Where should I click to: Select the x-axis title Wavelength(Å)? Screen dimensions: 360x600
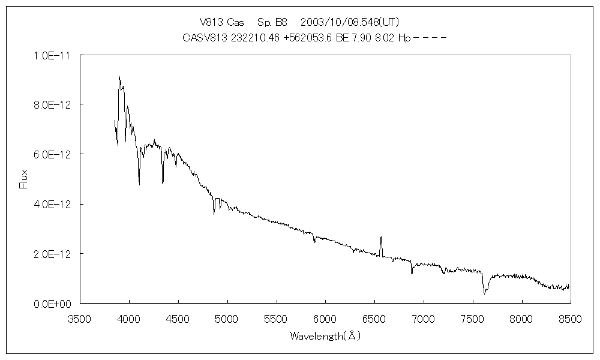tap(325, 336)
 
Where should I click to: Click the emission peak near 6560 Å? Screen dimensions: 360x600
tap(381, 238)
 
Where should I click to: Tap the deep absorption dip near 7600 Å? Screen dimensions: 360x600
tap(484, 293)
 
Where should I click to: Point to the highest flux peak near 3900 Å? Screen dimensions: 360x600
tap(119, 77)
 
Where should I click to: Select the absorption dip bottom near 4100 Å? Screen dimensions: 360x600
tap(139, 184)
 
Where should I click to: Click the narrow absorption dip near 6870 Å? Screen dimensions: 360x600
tap(412, 272)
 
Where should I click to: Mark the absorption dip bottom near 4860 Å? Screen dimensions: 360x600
tap(214, 213)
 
